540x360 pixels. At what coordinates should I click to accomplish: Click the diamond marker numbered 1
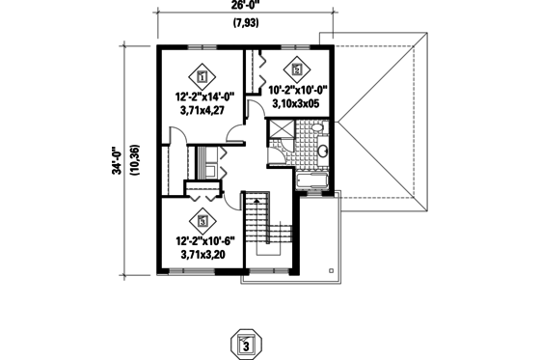(202, 72)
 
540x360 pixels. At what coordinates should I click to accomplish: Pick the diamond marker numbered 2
(296, 69)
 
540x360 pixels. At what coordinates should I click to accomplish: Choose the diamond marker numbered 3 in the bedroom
(202, 220)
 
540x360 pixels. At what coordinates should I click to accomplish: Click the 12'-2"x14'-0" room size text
(202, 97)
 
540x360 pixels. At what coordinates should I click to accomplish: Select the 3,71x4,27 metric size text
(202, 111)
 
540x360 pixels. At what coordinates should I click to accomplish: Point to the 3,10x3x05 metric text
(299, 103)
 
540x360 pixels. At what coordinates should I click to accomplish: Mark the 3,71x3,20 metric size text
(202, 256)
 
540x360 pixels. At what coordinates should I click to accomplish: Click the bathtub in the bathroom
(314, 180)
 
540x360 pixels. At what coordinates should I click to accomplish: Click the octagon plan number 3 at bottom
(246, 344)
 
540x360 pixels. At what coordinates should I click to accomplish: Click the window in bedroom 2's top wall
(295, 45)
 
